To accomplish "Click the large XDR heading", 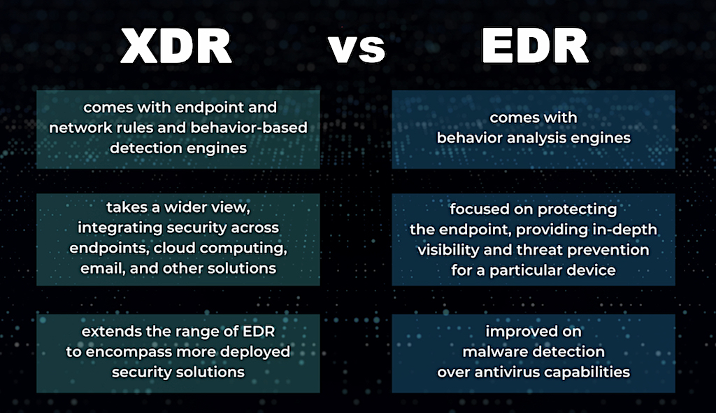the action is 176,46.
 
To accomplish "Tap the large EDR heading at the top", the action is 535,45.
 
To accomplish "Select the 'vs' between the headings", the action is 357,49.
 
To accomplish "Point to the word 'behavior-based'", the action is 249,127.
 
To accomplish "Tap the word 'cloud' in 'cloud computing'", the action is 174,248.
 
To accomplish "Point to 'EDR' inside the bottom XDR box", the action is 259,331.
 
